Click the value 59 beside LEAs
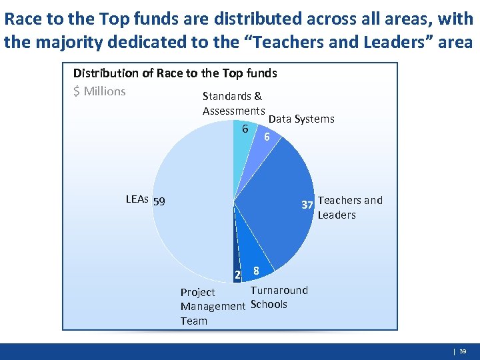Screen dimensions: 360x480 [x=159, y=201]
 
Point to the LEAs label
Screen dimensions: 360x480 [x=137, y=199]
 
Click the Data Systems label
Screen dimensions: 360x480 [x=301, y=119]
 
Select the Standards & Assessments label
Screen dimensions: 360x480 [x=233, y=103]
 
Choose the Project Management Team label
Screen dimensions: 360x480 [x=213, y=307]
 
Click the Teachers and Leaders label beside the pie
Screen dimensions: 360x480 [x=350, y=207]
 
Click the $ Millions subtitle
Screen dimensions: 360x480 [x=99, y=91]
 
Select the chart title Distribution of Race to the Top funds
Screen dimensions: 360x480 [x=175, y=73]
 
